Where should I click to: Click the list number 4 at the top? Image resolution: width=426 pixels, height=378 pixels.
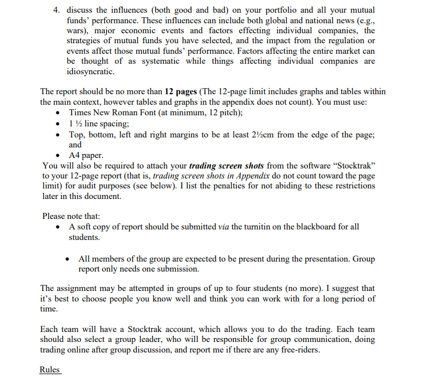(x=55, y=10)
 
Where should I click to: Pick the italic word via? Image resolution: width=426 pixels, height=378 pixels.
(x=224, y=227)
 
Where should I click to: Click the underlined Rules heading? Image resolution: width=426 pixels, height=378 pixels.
(x=50, y=370)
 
